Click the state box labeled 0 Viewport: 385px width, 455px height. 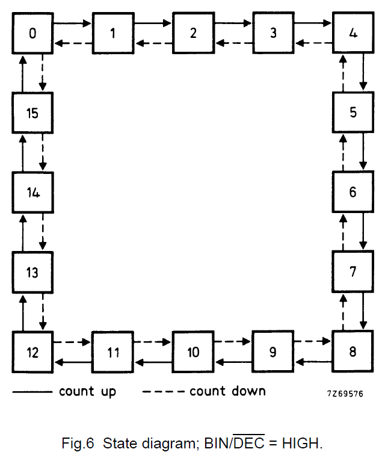tap(32, 33)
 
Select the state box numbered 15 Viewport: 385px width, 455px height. tap(32, 113)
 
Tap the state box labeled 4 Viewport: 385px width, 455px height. tap(353, 33)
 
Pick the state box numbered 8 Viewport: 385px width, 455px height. tap(353, 351)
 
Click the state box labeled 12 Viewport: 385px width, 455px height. tap(32, 351)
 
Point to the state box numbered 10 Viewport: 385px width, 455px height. tap(192, 351)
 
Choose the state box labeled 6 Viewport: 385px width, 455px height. tap(353, 193)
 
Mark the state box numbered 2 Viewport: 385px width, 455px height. tap(192, 33)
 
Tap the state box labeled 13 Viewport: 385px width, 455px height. tap(32, 272)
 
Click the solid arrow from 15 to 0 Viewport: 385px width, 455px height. tap(22, 73)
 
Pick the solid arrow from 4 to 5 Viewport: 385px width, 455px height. tap(363, 73)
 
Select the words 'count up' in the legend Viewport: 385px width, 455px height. tap(87, 391)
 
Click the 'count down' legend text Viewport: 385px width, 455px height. tap(227, 391)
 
